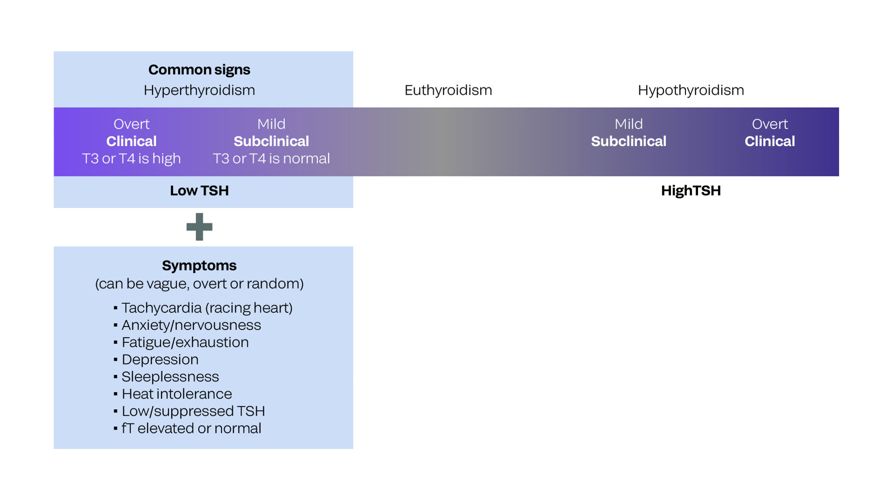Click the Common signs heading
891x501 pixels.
pos(199,70)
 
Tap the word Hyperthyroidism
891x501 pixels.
pos(199,90)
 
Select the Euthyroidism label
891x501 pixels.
pos(448,90)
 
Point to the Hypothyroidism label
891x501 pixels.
pos(691,90)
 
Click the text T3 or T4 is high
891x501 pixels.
pos(131,159)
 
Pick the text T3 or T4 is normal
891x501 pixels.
pos(271,159)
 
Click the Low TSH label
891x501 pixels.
pos(199,191)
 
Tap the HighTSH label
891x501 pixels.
pos(691,191)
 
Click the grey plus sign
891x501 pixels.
pos(199,227)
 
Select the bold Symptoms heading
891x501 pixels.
pos(199,265)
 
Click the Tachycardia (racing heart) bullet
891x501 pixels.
pos(207,308)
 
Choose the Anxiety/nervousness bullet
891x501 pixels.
pos(191,325)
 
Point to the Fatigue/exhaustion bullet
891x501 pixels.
pos(185,342)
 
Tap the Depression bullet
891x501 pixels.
pos(160,360)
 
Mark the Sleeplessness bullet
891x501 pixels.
pos(170,377)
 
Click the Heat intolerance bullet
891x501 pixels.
pos(176,394)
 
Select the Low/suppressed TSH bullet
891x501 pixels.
pos(193,411)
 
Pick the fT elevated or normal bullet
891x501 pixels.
pos(191,428)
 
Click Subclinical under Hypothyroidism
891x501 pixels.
pos(628,141)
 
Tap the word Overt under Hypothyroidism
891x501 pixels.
pos(769,124)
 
